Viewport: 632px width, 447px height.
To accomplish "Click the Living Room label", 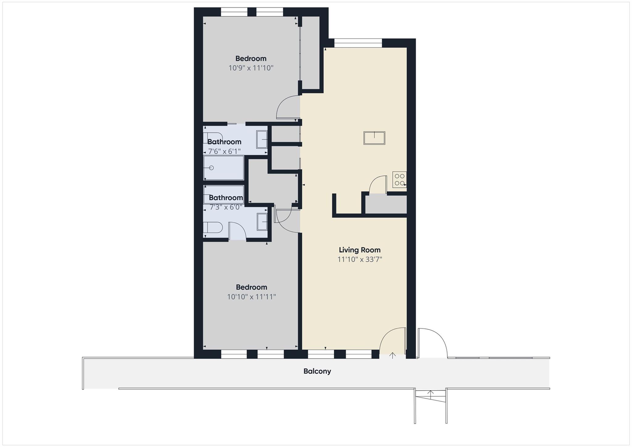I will pos(360,250).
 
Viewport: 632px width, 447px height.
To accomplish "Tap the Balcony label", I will pos(317,371).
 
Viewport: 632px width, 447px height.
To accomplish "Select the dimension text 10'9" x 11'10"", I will pos(251,68).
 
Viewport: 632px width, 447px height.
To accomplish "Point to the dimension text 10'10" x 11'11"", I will pos(251,297).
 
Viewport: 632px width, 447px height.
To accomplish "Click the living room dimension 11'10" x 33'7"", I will pos(360,259).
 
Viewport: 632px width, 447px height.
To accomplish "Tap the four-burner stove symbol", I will pos(399,180).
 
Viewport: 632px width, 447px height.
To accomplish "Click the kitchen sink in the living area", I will pos(374,138).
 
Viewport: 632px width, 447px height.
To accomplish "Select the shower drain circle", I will pos(211,168).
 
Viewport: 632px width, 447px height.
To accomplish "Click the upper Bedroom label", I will pos(251,58).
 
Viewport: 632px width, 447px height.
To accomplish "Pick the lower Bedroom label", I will pos(251,287).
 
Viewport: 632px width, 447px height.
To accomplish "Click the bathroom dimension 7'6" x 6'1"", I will pos(224,151).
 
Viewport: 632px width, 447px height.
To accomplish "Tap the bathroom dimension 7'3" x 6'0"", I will pos(226,207).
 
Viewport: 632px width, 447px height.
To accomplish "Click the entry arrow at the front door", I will pos(392,355).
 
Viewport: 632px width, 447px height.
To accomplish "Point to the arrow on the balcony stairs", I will pos(430,393).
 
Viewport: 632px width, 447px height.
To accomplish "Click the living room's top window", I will pos(358,43).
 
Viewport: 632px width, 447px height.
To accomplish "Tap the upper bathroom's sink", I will pos(262,139).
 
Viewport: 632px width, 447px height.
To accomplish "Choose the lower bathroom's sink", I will pos(262,221).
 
